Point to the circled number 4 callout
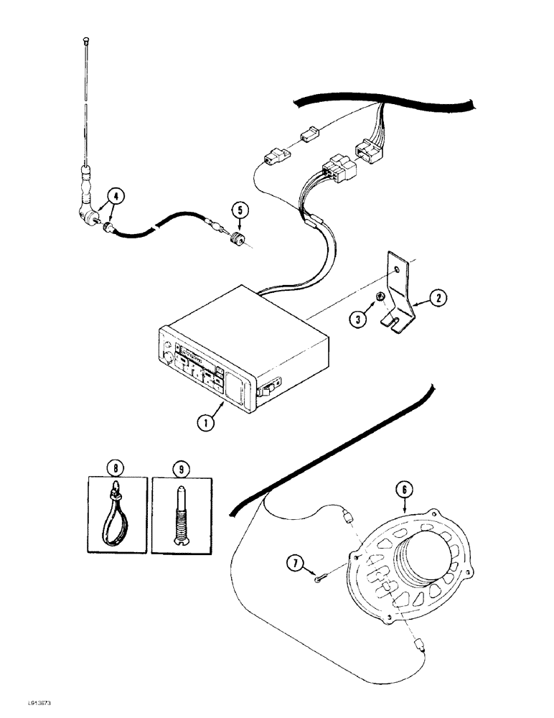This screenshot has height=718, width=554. pos(113,195)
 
